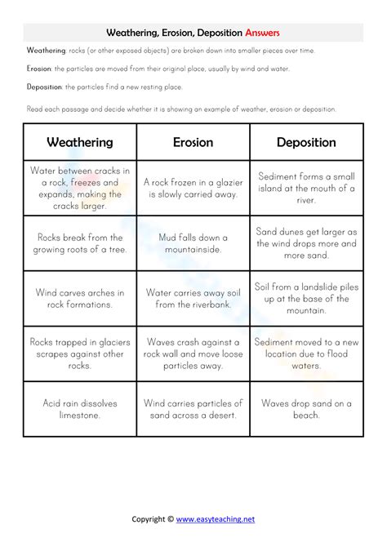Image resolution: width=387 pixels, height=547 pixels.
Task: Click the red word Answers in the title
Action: pyautogui.click(x=260, y=33)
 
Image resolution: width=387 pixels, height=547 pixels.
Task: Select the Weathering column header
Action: pyautogui.click(x=79, y=142)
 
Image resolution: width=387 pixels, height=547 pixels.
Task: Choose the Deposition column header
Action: pyautogui.click(x=306, y=142)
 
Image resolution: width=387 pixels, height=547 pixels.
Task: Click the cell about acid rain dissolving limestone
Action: pyautogui.click(x=79, y=409)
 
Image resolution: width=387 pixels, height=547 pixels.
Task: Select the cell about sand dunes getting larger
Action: pyautogui.click(x=306, y=243)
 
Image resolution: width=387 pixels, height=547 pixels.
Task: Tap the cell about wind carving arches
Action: pyautogui.click(x=79, y=298)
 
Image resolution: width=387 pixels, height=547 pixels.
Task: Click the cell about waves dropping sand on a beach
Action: pyautogui.click(x=306, y=409)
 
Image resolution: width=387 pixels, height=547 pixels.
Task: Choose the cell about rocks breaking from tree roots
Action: pyautogui.click(x=79, y=243)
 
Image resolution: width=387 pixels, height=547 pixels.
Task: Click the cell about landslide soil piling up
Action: pyautogui.click(x=306, y=298)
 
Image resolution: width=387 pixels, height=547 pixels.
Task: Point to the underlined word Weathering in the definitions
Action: pyautogui.click(x=47, y=51)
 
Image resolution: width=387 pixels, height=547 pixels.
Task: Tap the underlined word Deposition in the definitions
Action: pyautogui.click(x=44, y=87)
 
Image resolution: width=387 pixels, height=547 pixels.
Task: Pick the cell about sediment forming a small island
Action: pyautogui.click(x=306, y=189)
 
